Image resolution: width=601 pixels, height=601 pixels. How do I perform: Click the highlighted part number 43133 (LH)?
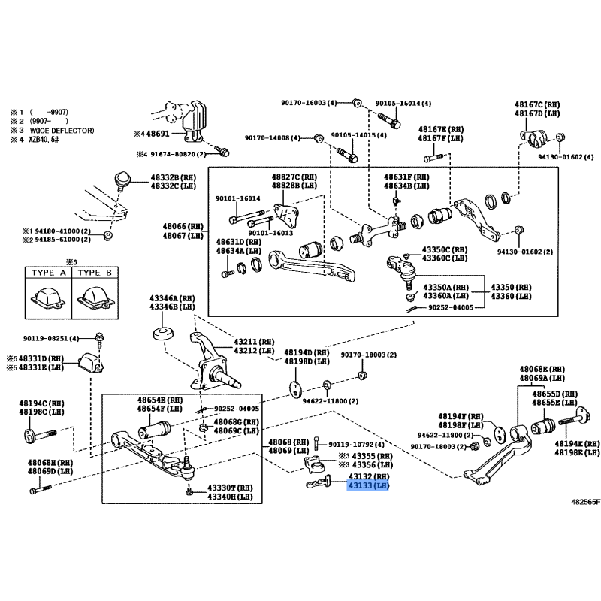[368, 487]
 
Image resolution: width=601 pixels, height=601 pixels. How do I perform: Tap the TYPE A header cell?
[49, 273]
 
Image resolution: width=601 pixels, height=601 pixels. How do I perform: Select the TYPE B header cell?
[95, 273]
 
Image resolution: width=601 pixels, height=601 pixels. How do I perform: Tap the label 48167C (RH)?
[537, 104]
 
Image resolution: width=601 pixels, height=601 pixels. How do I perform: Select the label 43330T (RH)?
[231, 488]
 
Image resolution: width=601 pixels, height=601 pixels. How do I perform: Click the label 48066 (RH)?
[184, 225]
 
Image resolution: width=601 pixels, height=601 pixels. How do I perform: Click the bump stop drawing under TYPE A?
[48, 295]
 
